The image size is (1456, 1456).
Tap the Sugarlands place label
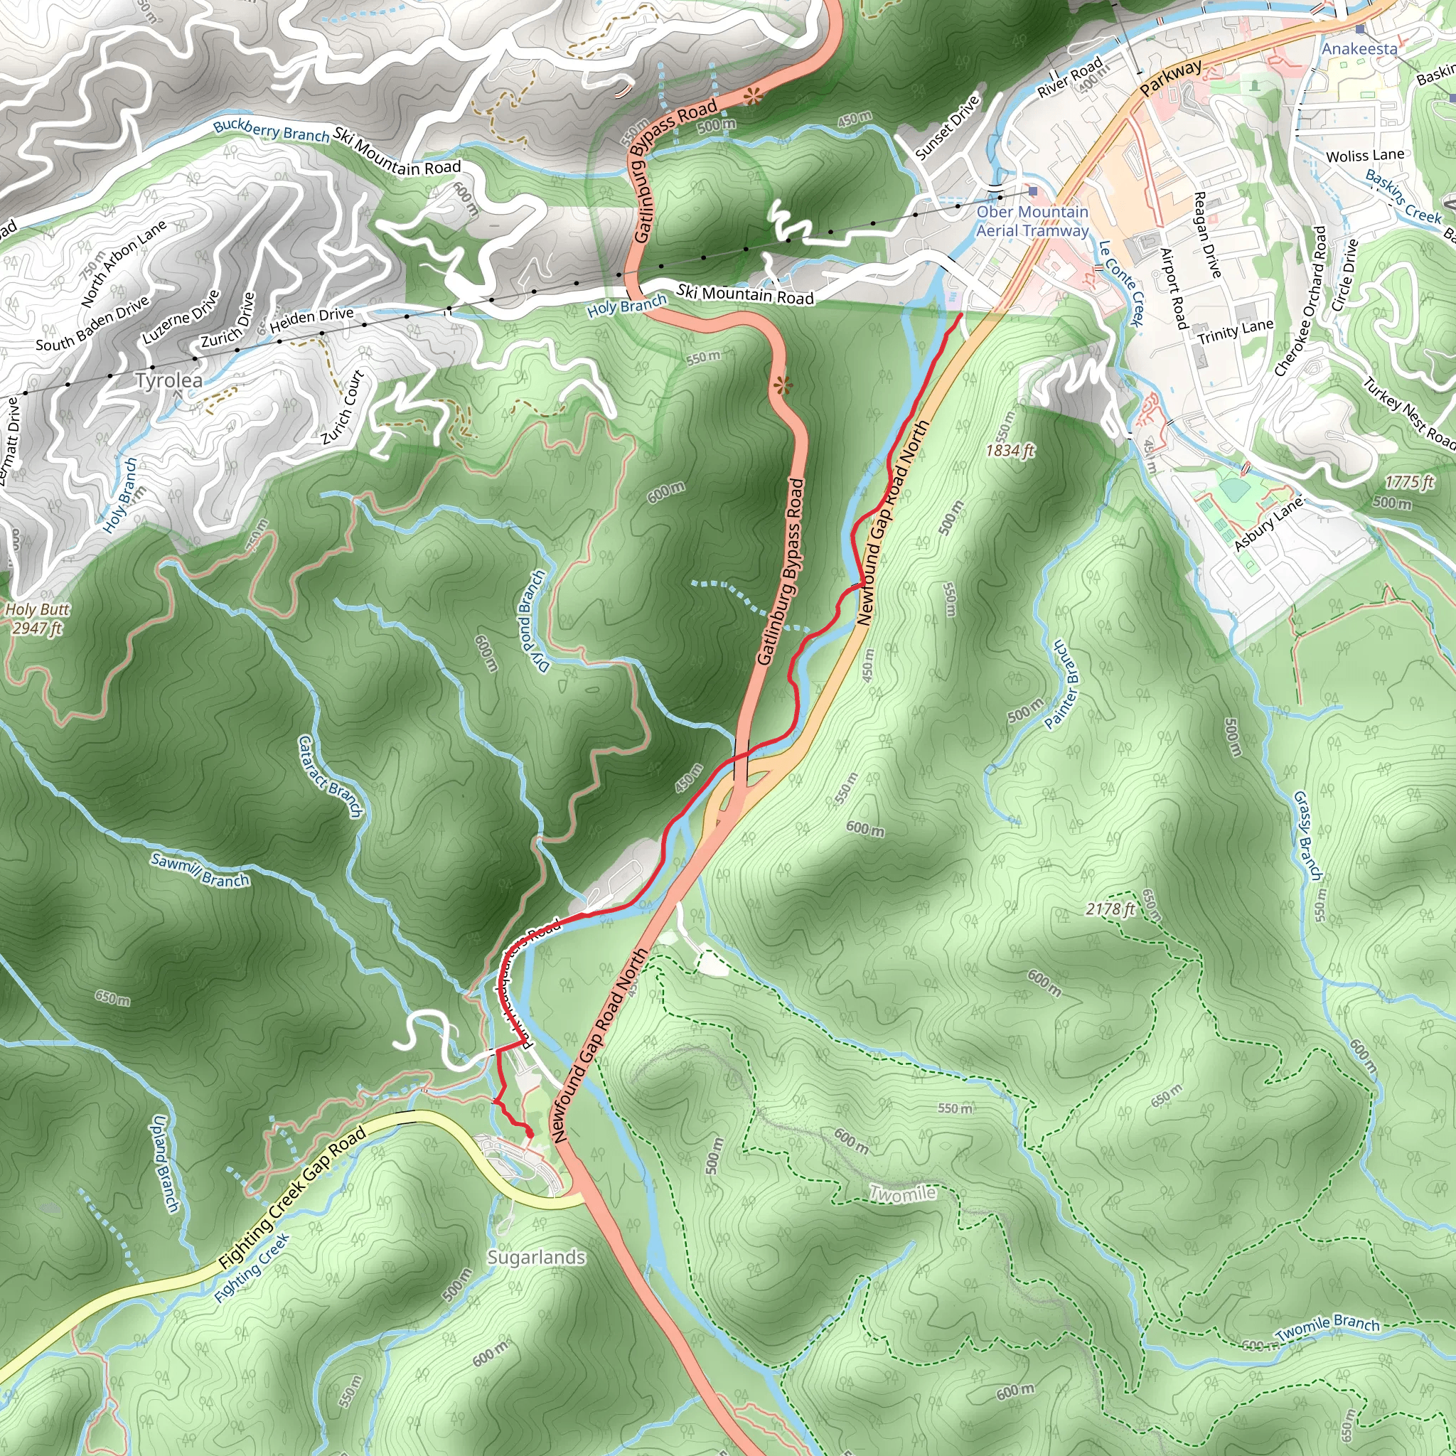(536, 1257)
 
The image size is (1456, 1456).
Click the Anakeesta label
(1359, 49)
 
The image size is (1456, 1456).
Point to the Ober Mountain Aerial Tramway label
(1032, 222)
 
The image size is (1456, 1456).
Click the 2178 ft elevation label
(1110, 909)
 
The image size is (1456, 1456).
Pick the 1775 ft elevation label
(1408, 481)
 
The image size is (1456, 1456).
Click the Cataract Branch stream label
(330, 777)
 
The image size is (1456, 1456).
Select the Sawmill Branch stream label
(200, 870)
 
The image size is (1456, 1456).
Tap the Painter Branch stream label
(1062, 685)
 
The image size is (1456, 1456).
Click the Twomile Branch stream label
(1327, 1329)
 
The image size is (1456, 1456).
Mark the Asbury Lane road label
(1268, 525)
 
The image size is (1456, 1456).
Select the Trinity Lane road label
(1235, 331)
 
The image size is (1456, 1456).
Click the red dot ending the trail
(529, 1133)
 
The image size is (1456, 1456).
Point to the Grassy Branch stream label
(1307, 835)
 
